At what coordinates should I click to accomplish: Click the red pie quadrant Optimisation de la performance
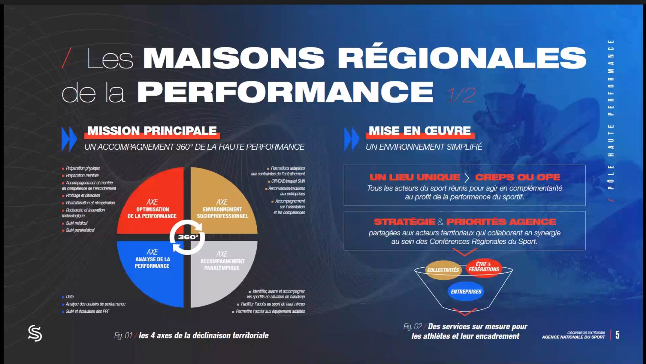click(x=154, y=205)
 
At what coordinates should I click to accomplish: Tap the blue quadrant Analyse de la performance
click(x=154, y=268)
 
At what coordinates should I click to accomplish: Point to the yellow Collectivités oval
click(x=443, y=270)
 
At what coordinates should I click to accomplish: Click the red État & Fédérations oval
click(x=484, y=267)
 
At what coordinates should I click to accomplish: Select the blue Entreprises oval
click(x=466, y=291)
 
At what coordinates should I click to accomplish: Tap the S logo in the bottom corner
click(x=35, y=333)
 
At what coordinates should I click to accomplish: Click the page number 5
click(x=617, y=335)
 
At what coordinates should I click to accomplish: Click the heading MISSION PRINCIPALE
click(x=152, y=131)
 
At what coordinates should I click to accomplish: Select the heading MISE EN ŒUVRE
click(x=420, y=131)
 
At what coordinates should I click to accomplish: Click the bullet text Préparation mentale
click(x=82, y=175)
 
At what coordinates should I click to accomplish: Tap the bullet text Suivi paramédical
click(x=80, y=230)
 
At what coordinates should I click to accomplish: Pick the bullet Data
click(x=70, y=297)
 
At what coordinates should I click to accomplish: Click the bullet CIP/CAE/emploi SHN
click(x=288, y=181)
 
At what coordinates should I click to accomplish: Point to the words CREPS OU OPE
click(x=518, y=177)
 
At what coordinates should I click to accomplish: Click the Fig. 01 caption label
click(x=123, y=335)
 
